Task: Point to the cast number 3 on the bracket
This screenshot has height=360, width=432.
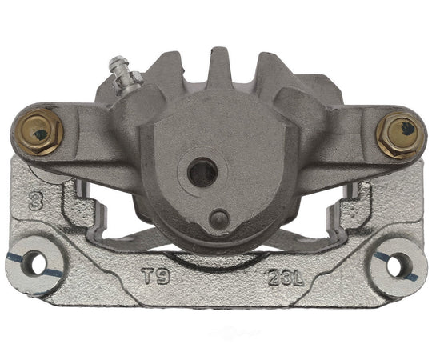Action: (x=34, y=202)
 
